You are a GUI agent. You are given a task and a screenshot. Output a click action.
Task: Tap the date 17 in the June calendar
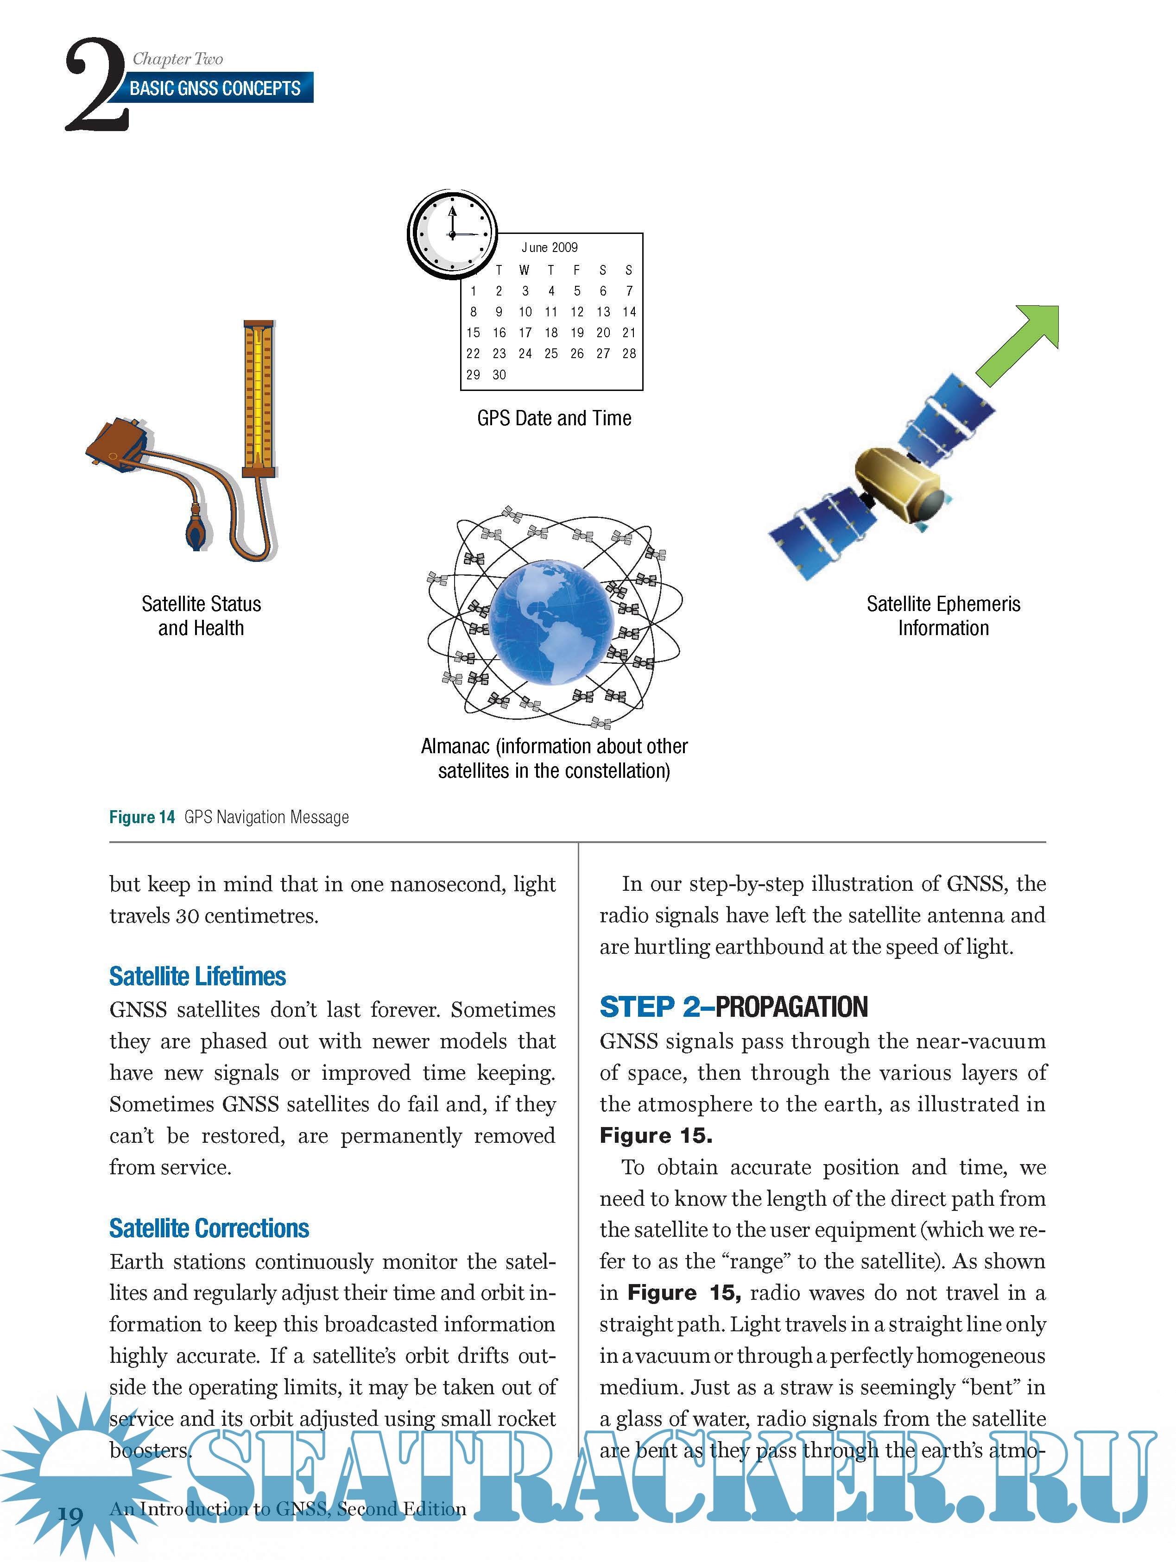[x=525, y=333]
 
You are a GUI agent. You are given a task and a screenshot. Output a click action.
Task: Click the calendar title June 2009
[x=550, y=248]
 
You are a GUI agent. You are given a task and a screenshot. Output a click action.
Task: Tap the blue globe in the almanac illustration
[x=551, y=621]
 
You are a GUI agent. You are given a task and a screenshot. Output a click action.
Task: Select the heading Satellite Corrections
[x=209, y=1228]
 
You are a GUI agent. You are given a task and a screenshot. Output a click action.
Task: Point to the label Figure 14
[x=142, y=818]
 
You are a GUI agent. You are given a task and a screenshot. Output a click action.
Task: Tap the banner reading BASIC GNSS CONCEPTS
[x=215, y=88]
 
